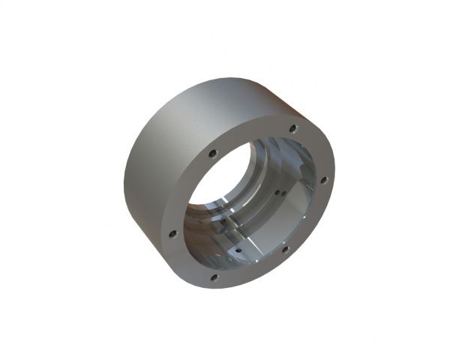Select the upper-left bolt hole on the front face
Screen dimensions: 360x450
pyautogui.click(x=213, y=153)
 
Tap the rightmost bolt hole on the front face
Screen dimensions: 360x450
pyautogui.click(x=323, y=180)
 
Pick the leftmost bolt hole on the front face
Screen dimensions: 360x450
pyautogui.click(x=172, y=233)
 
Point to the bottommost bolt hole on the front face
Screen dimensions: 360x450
pyautogui.click(x=214, y=277)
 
